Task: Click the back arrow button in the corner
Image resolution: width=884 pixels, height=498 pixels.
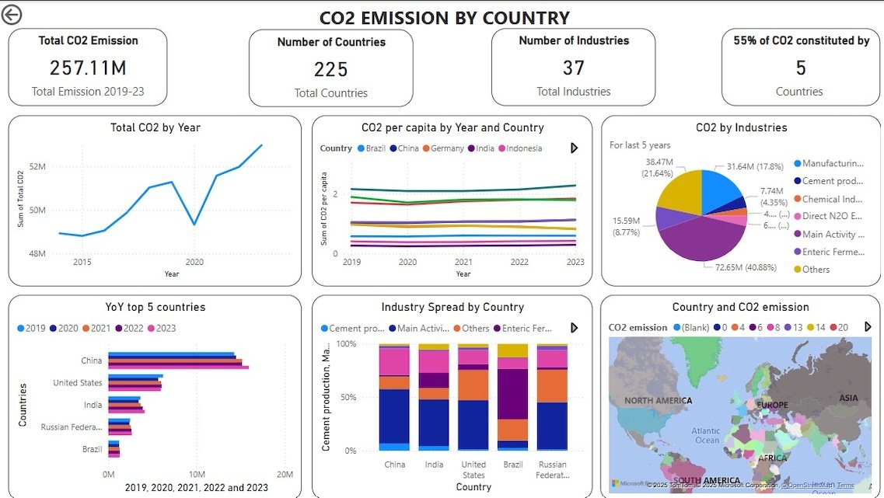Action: [x=12, y=15]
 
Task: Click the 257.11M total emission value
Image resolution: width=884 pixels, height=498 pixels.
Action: [x=88, y=68]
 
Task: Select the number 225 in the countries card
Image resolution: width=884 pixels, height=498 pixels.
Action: [x=330, y=70]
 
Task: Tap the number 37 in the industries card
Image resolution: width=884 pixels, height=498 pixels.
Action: [x=573, y=68]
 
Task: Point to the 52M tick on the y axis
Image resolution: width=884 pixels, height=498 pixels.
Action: [x=37, y=166]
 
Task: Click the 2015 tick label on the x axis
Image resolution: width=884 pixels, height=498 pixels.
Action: [x=82, y=263]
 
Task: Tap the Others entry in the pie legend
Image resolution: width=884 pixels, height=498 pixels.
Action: [x=816, y=270]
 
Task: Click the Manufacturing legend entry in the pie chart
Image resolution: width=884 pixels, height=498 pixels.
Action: [x=833, y=164]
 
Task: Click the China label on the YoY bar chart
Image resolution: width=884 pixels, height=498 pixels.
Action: [x=91, y=360]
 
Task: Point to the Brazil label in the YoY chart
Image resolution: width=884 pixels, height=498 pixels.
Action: [x=92, y=449]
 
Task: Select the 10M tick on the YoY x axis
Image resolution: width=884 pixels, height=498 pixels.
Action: [x=197, y=474]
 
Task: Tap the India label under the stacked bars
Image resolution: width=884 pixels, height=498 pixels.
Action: [x=434, y=465]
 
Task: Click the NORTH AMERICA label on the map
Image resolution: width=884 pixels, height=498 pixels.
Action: [x=658, y=401]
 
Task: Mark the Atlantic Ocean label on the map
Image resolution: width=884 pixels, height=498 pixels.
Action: [x=707, y=436]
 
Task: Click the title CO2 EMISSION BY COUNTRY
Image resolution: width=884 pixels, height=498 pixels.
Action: [x=444, y=17]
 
